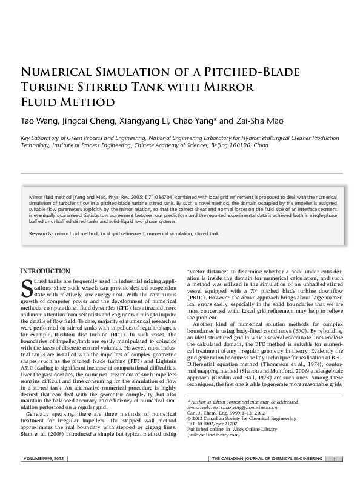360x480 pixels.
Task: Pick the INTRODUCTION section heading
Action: pos(45,270)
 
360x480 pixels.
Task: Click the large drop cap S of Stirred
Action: pos(27,288)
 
